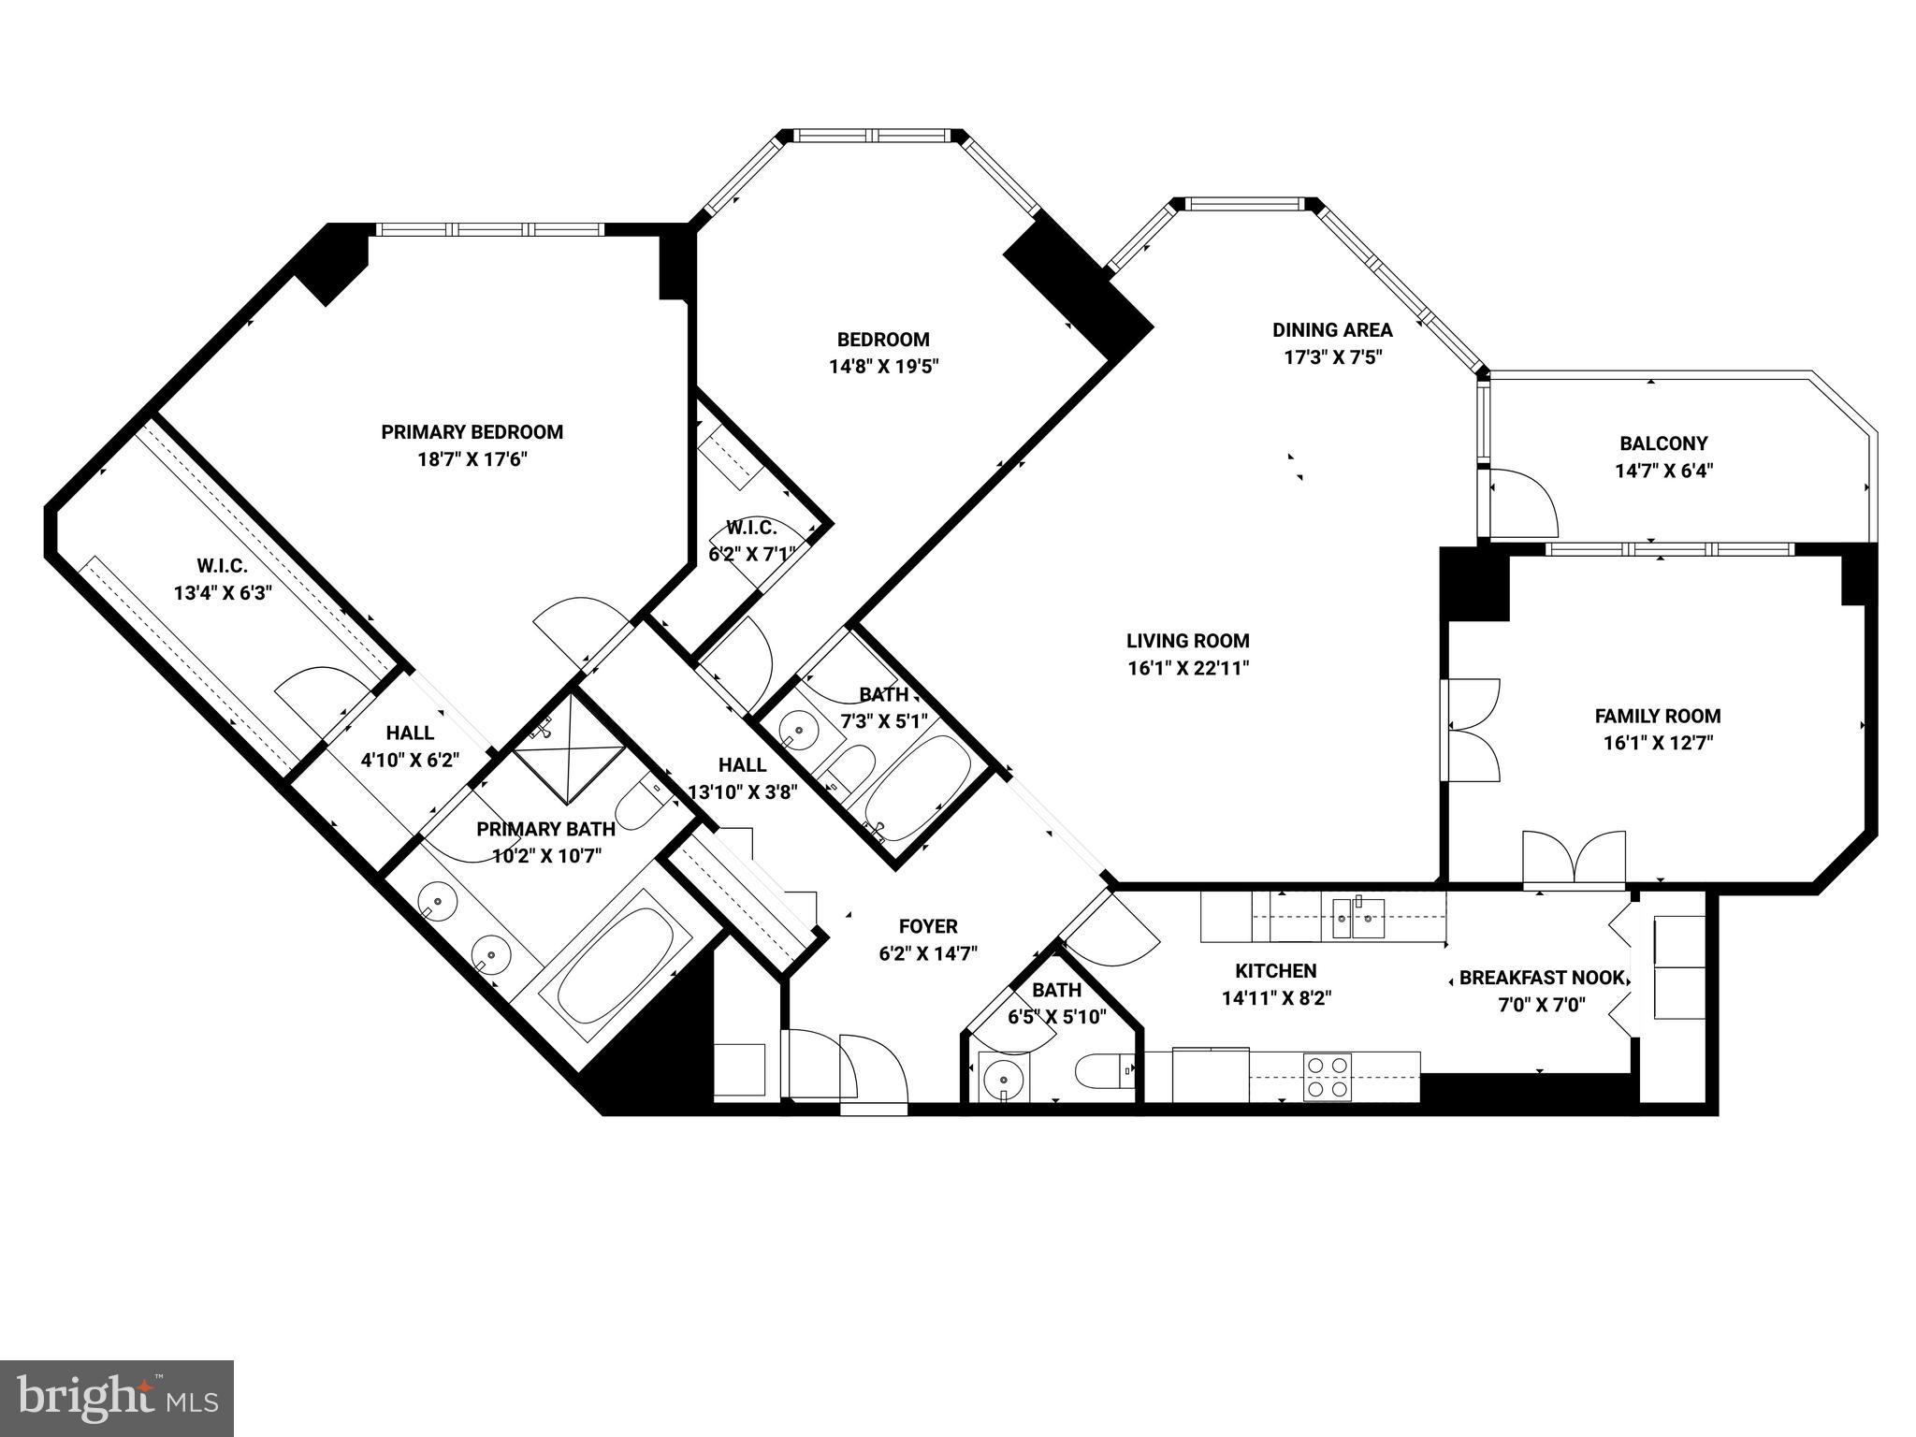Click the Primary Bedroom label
click(472, 432)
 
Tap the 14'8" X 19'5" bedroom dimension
click(883, 367)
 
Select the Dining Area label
click(1331, 329)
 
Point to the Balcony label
click(1663, 443)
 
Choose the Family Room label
click(1657, 717)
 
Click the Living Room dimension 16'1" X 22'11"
click(1188, 668)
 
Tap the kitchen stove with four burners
click(1328, 1076)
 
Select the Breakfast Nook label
click(1541, 979)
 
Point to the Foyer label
click(927, 926)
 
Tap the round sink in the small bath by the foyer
click(1002, 1076)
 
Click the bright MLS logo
click(117, 1398)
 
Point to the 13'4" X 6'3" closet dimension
click(222, 593)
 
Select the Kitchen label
click(1275, 971)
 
